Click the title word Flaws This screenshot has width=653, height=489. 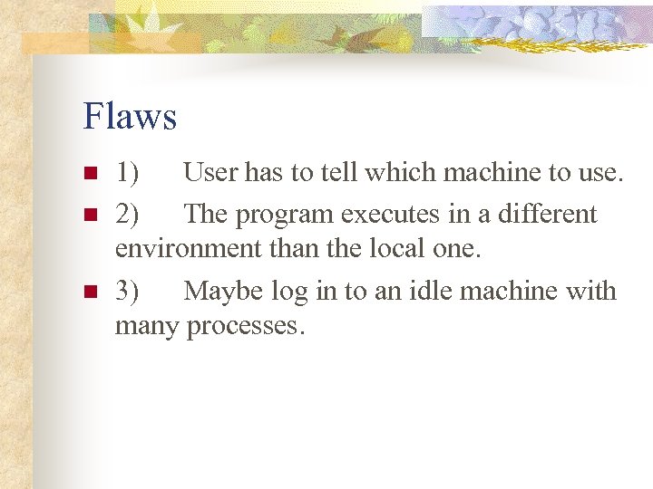[x=130, y=116]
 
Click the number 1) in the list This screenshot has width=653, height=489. [x=127, y=172]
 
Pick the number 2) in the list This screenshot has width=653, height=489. [x=127, y=215]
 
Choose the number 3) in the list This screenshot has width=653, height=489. [x=127, y=291]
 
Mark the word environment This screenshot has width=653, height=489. [x=181, y=248]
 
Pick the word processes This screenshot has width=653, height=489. [x=246, y=326]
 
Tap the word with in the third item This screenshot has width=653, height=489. [x=594, y=291]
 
